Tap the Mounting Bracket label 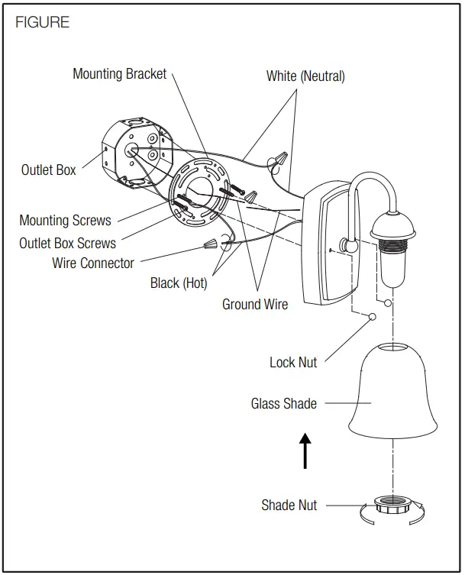(x=119, y=74)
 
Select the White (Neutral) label (x=305, y=76)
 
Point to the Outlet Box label (x=49, y=170)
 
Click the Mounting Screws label (x=65, y=221)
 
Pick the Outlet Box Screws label (x=67, y=243)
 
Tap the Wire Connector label (x=93, y=263)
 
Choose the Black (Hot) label (x=178, y=283)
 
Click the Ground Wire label (x=255, y=304)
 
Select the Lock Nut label (x=293, y=362)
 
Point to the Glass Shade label (x=283, y=403)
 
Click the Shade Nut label (x=289, y=505)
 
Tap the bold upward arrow (x=305, y=451)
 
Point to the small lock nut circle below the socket (x=373, y=317)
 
